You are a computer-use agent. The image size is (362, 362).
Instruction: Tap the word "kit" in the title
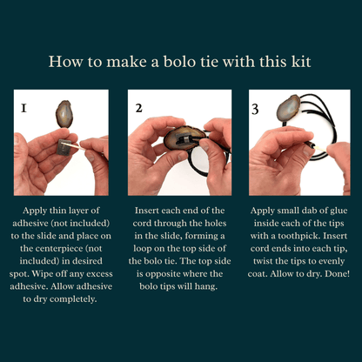tap(301, 62)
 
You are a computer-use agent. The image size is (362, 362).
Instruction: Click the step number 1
tap(23, 109)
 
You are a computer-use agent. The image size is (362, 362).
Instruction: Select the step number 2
tap(139, 108)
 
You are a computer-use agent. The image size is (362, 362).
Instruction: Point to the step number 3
tap(255, 109)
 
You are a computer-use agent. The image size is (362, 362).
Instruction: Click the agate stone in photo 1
tap(64, 114)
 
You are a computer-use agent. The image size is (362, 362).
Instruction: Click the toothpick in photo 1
tap(77, 145)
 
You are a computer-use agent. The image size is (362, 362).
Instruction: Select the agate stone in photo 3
tap(288, 108)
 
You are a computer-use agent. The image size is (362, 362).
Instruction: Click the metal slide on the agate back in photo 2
tap(184, 138)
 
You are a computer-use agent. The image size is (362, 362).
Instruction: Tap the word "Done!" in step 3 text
tap(338, 273)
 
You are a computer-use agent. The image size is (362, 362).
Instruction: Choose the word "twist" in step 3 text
tap(263, 261)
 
